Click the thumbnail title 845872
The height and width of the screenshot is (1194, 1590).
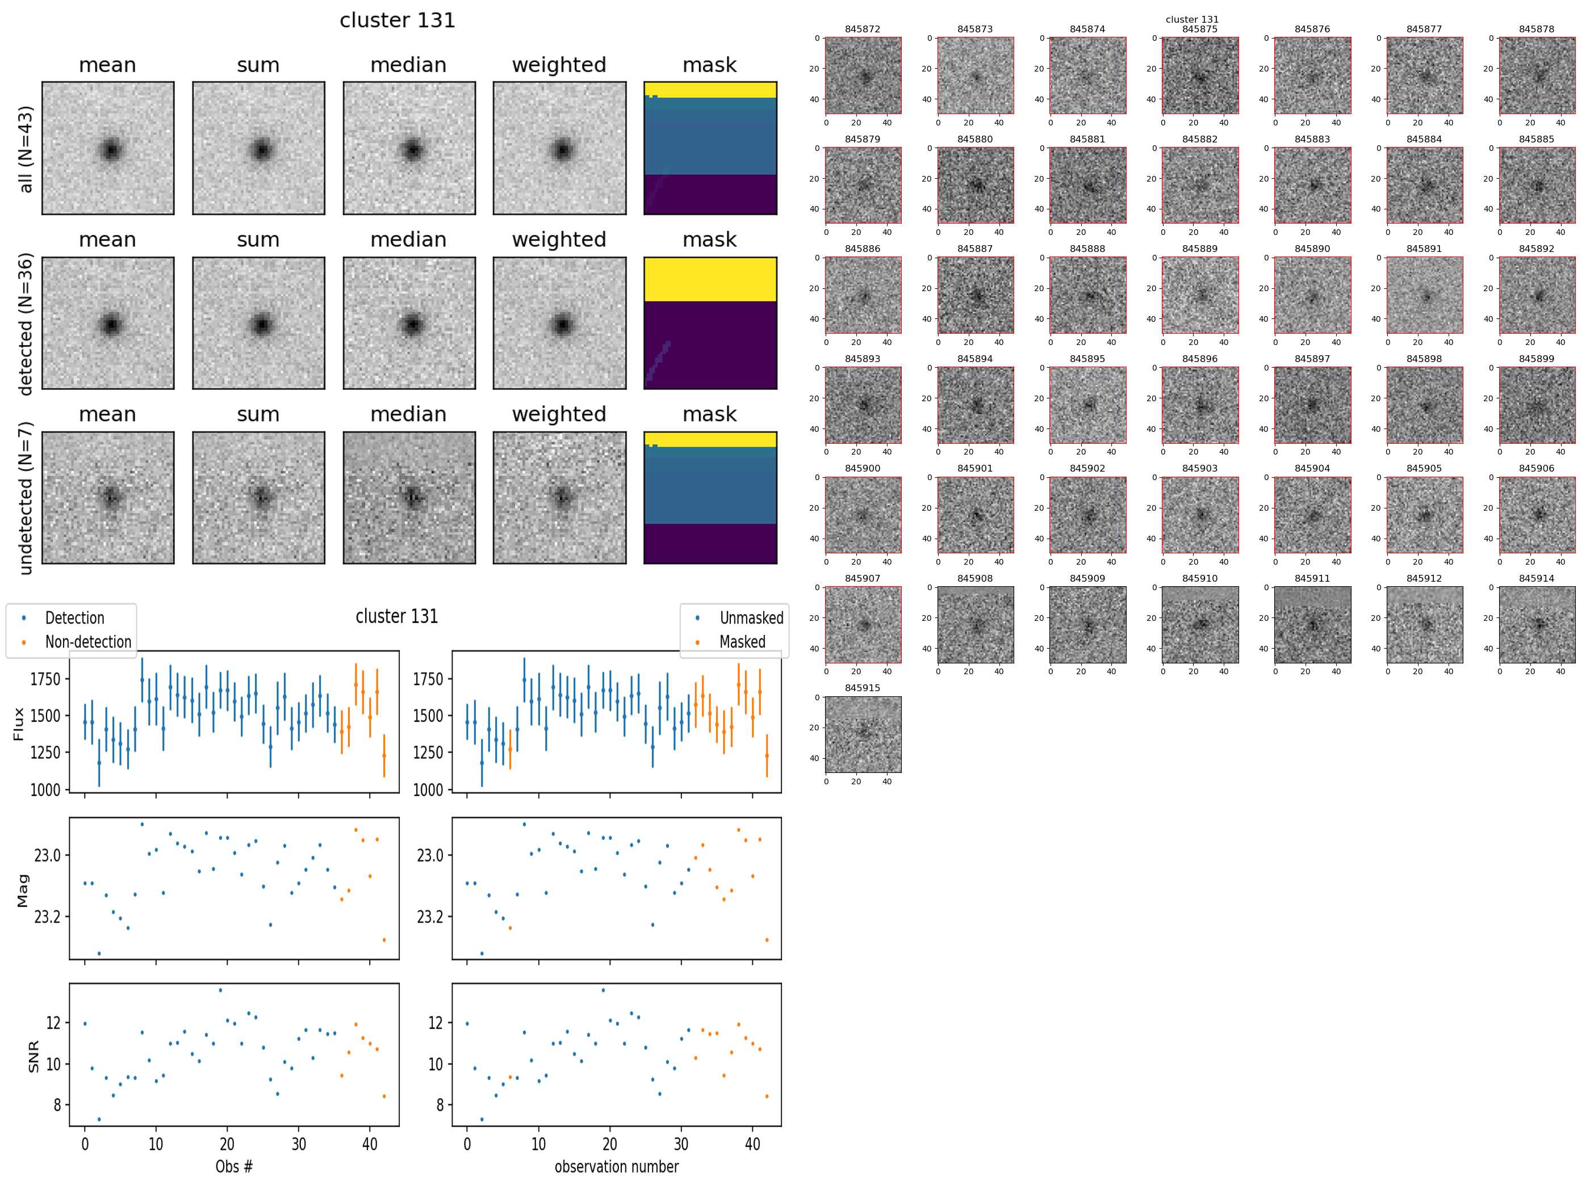coord(862,30)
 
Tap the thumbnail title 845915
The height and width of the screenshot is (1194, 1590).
coord(862,688)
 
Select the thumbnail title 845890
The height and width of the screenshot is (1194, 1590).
coord(1312,249)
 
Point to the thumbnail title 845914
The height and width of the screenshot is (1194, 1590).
coord(1536,578)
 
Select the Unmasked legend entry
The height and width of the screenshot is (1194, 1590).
coord(751,619)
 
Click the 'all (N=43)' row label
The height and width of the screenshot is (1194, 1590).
coord(26,149)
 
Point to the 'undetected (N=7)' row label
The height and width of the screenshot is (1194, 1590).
coord(26,498)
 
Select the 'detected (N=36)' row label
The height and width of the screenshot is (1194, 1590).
coord(26,324)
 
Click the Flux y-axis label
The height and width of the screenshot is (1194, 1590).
coord(19,724)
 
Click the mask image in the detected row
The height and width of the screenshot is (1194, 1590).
coord(710,323)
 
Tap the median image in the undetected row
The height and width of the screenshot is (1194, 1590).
coord(409,498)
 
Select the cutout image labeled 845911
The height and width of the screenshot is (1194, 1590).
coord(1312,624)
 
